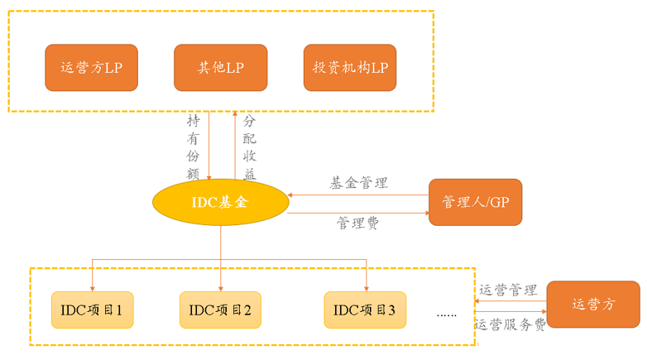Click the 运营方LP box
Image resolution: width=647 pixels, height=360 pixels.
91,68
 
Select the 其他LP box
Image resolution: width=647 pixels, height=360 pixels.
221,68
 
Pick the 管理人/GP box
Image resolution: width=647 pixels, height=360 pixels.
475,202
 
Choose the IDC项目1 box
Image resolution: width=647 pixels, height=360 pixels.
92,310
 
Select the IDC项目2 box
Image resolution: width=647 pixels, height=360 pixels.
221,310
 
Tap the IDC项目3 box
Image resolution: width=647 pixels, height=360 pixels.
365,310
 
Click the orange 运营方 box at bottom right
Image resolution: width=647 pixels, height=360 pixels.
593,305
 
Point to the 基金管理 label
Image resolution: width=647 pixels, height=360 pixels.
358,183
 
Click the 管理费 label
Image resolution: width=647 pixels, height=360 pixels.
357,223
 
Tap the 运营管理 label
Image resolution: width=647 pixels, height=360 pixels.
509,290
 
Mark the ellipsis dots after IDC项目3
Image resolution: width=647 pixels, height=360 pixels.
447,314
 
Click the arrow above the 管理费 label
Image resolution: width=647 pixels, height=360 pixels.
357,214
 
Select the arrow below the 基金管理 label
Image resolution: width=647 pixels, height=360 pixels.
357,195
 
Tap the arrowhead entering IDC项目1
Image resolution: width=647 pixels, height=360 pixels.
92,287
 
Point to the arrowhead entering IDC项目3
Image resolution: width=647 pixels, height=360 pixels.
365,287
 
